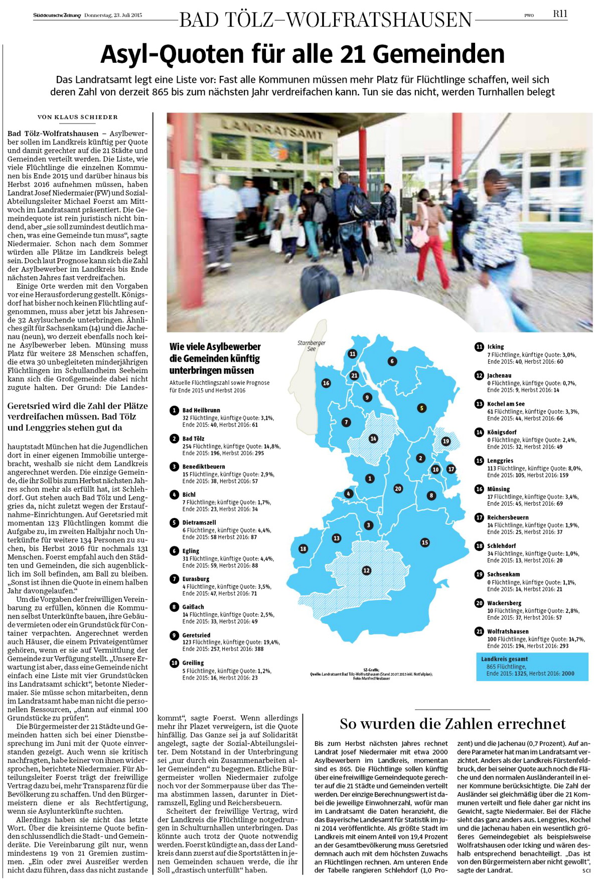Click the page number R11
coord(560,14)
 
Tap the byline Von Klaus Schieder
coord(78,117)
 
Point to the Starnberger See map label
coord(311,346)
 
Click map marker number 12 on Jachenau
coord(367,570)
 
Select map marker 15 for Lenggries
coord(425,542)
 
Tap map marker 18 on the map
coord(303,548)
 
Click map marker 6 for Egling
coord(392,361)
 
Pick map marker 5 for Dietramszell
coord(422,408)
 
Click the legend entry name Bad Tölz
coord(193,438)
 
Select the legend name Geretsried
coord(196,635)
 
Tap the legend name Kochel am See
coord(506,404)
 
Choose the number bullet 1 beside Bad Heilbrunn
coord(174,410)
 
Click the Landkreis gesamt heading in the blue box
coord(504,659)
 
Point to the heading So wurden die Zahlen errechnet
coord(452,724)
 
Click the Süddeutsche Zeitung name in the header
coord(57,15)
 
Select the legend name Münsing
coord(498,489)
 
